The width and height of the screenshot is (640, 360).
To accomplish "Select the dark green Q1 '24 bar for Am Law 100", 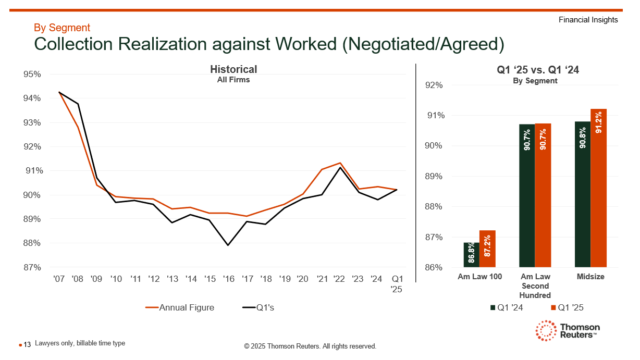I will click(x=471, y=255).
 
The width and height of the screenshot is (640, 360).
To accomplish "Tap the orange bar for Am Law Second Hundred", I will click(x=543, y=195).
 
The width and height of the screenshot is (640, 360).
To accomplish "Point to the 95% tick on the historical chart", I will click(x=32, y=75).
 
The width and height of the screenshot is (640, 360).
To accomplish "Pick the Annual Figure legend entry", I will click(x=180, y=307).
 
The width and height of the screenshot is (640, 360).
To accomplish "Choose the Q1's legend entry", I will click(x=259, y=307).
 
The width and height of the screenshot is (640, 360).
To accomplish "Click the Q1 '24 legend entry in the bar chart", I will click(x=507, y=307).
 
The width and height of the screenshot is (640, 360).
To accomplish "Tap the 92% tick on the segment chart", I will click(x=435, y=85).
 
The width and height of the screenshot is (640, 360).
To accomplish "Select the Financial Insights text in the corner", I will click(x=588, y=20).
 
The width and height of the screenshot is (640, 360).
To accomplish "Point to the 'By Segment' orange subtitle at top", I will click(x=62, y=28).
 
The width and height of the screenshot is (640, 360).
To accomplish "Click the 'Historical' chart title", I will click(x=233, y=69).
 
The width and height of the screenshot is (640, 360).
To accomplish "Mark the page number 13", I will click(x=28, y=344).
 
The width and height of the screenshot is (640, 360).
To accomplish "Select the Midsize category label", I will click(x=590, y=277).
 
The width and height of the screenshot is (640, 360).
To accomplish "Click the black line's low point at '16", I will click(x=228, y=245).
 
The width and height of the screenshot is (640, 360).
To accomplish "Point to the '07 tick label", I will click(x=59, y=279).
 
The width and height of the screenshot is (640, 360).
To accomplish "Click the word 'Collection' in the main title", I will click(x=73, y=44).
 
